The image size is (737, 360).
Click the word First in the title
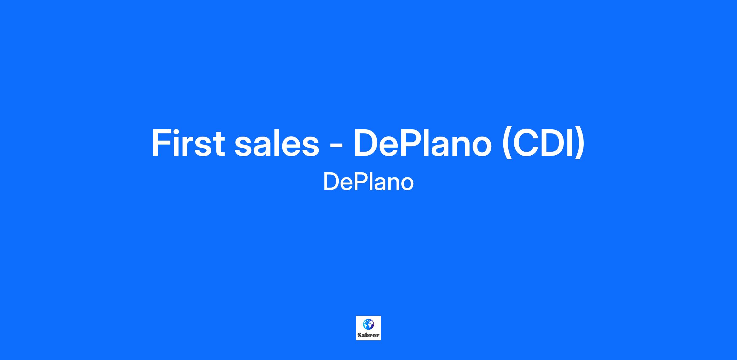[188, 143]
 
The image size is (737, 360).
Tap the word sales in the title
[277, 143]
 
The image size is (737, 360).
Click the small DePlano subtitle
[368, 182]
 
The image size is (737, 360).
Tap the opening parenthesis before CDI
[507, 144]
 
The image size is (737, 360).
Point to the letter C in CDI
[528, 143]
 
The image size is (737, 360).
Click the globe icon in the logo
[368, 324]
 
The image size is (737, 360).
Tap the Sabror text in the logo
[368, 335]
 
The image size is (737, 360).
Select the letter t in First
[218, 144]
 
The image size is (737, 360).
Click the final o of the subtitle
[407, 184]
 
